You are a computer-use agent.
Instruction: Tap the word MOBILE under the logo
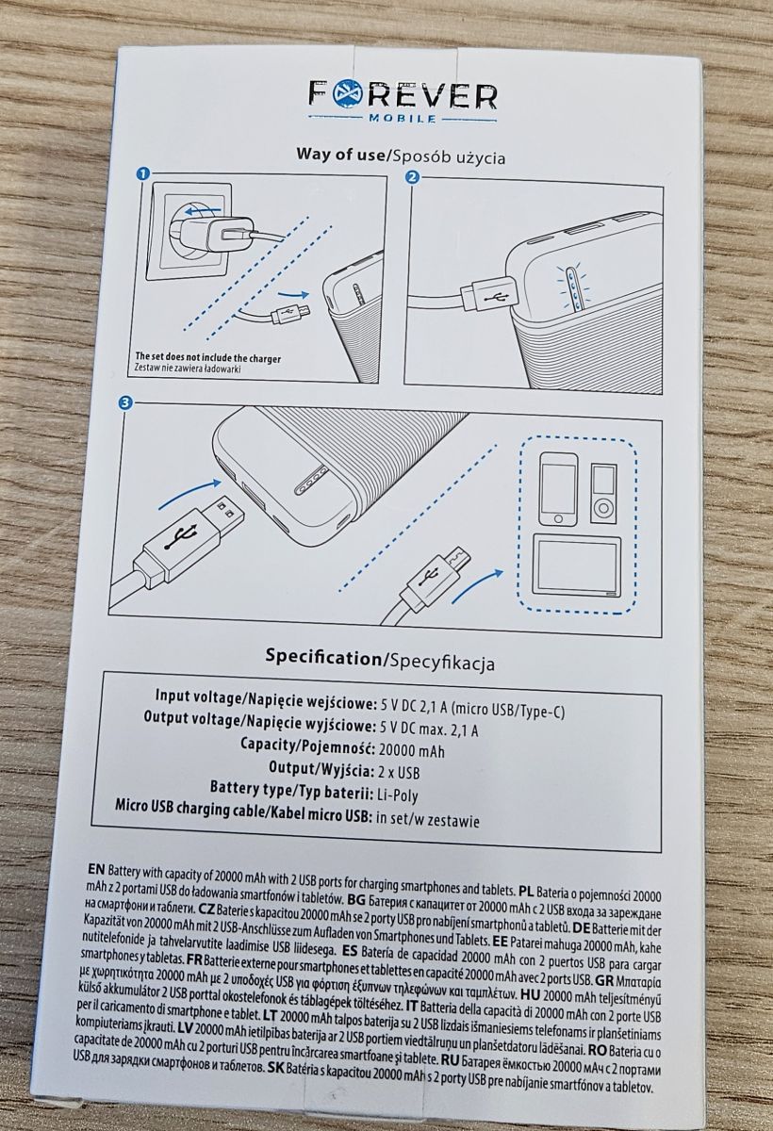pyautogui.click(x=403, y=119)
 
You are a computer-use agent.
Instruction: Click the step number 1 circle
pyautogui.click(x=143, y=174)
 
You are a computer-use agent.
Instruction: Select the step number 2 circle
pyautogui.click(x=413, y=177)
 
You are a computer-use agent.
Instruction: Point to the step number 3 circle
pyautogui.click(x=124, y=402)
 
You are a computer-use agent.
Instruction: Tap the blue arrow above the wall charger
pyautogui.click(x=202, y=210)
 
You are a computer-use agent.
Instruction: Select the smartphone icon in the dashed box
pyautogui.click(x=557, y=488)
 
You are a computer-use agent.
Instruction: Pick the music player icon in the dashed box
pyautogui.click(x=603, y=493)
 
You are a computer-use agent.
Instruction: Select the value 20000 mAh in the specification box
pyautogui.click(x=412, y=751)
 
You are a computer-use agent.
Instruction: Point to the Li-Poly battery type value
pyautogui.click(x=398, y=795)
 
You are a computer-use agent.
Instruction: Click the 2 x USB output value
pyautogui.click(x=399, y=773)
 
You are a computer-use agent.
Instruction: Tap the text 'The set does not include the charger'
pyautogui.click(x=208, y=358)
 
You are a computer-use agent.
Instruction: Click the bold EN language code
pyautogui.click(x=96, y=869)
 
